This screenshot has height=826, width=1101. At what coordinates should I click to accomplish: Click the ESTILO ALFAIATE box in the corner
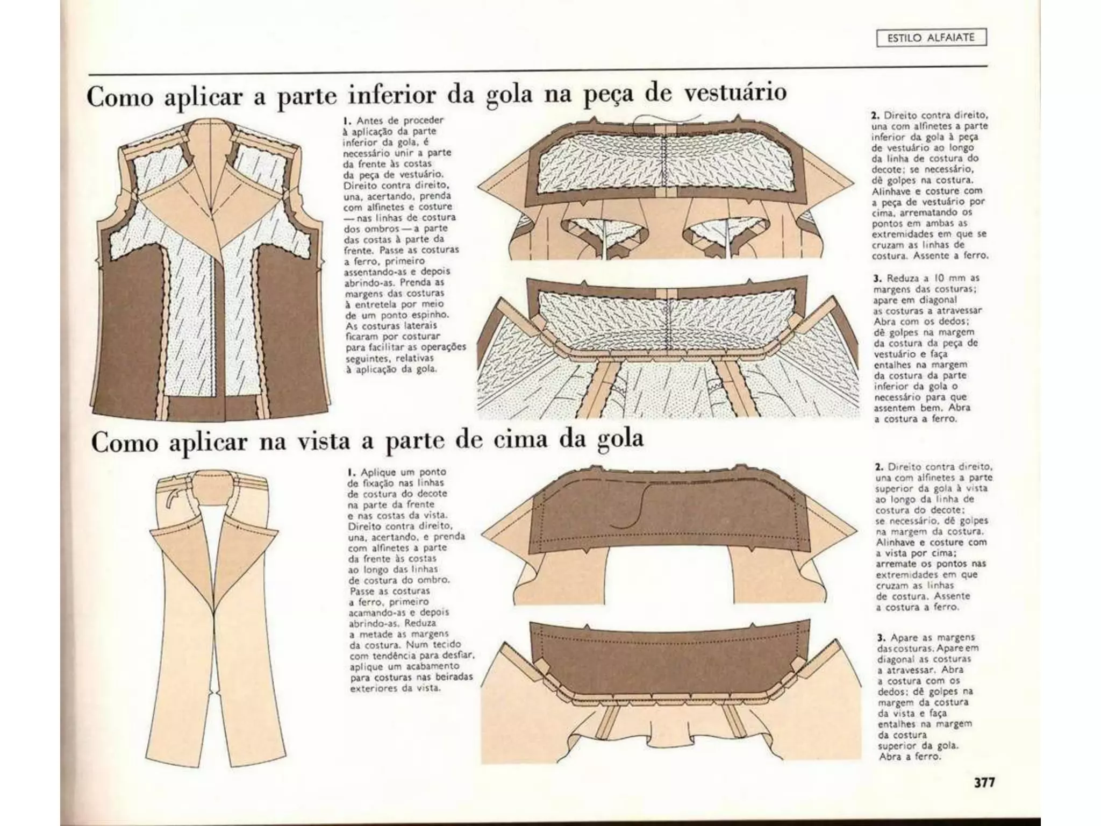coord(932,38)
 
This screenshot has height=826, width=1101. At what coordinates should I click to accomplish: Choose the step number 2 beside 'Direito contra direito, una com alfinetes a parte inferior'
coord(875,115)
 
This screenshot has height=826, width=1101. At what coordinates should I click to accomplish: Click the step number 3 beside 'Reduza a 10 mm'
coord(876,279)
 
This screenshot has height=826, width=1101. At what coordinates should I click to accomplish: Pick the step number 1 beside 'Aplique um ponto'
coord(350,473)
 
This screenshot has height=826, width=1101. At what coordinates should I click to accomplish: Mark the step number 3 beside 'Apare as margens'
coord(880,638)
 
